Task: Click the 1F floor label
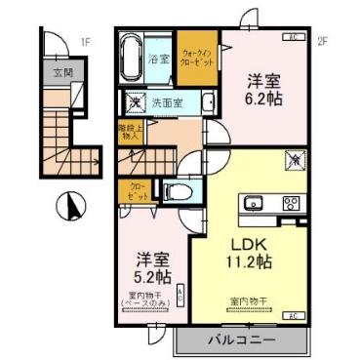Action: pyautogui.click(x=85, y=42)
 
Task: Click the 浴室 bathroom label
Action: pyautogui.click(x=158, y=59)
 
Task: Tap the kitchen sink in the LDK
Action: pyautogui.click(x=257, y=203)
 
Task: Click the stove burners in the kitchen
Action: pyautogui.click(x=291, y=203)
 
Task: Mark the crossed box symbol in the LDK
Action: pyautogui.click(x=292, y=157)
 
